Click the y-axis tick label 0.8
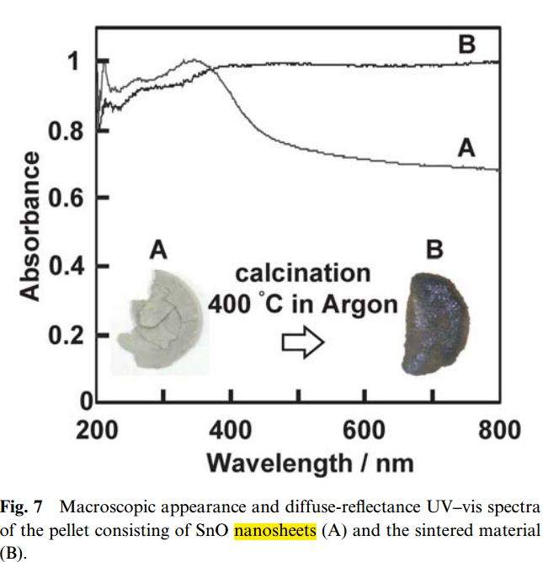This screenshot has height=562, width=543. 66,130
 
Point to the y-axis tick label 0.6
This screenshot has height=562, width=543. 66,199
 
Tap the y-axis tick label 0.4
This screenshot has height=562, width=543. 66,267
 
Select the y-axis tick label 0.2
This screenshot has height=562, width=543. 66,335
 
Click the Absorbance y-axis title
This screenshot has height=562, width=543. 30,225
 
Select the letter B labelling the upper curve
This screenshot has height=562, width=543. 466,44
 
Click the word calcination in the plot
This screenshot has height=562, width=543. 302,274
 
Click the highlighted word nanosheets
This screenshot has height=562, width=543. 274,530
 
